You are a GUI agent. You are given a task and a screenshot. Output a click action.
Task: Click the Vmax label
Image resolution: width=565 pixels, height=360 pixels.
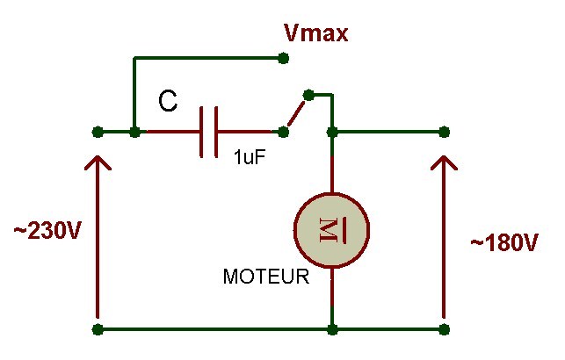point(316,33)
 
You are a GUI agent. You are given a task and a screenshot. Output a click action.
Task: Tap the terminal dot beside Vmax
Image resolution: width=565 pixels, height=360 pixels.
point(284,58)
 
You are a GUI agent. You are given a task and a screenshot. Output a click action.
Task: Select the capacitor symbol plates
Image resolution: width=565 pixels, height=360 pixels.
point(208,132)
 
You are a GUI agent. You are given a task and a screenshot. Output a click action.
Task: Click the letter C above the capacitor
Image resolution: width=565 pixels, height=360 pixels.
point(168,101)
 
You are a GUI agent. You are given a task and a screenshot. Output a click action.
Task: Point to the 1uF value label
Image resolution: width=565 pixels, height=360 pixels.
point(250,157)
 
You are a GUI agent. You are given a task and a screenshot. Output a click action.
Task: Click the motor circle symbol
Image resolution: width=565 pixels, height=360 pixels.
point(332,230)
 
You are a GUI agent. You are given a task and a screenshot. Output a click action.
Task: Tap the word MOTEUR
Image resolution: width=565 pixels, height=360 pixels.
point(266,277)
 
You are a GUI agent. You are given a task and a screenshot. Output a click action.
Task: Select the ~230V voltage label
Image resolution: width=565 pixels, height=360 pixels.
point(47,230)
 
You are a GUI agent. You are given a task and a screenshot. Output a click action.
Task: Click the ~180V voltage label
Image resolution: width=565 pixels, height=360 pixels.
point(504,242)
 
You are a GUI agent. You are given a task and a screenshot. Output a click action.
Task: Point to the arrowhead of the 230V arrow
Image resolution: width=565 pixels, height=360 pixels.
point(98,162)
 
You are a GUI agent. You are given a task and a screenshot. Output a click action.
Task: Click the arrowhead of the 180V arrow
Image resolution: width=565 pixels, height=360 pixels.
point(444,162)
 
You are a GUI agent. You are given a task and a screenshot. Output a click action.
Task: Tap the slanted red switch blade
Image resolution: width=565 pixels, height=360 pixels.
point(296,113)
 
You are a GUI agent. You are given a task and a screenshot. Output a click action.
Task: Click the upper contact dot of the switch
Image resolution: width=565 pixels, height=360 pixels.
point(308,95)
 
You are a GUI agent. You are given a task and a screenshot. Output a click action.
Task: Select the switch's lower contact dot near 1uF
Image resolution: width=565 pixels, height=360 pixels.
point(284,132)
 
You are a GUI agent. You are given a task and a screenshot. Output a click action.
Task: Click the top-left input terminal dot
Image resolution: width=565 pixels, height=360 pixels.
point(98,132)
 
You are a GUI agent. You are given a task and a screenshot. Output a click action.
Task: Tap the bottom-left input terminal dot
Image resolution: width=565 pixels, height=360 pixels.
point(98,329)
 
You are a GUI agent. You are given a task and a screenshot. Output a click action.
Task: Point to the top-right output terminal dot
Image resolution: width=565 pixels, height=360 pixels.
point(445,132)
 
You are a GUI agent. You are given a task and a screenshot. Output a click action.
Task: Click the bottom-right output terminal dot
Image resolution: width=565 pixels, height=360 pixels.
point(445,329)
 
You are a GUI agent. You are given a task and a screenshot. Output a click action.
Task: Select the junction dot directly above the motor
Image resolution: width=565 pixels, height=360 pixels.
point(332,132)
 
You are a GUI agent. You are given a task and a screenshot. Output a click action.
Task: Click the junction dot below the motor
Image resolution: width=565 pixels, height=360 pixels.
point(332,329)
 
